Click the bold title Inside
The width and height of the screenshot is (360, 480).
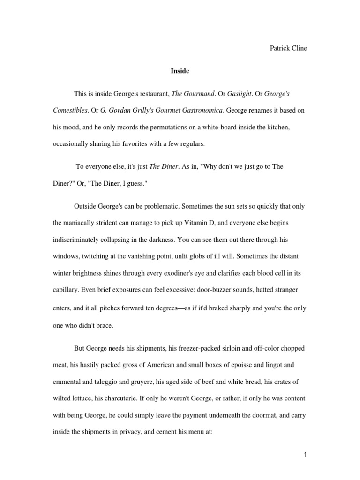click(x=180, y=71)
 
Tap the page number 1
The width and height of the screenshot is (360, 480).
click(x=305, y=454)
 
